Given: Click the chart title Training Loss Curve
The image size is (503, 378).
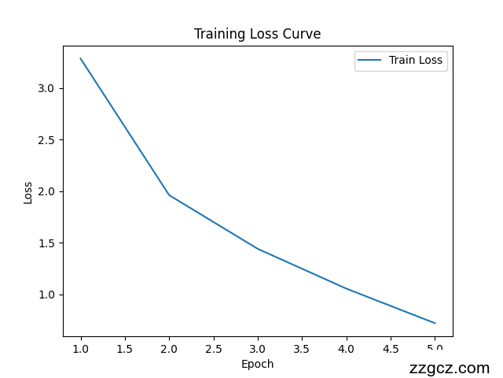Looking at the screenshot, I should click(257, 34).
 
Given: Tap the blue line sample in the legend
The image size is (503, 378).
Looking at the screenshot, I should click(370, 60).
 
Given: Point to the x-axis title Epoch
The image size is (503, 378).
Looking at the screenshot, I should click(257, 364).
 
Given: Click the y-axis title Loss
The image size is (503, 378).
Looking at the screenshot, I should click(28, 192).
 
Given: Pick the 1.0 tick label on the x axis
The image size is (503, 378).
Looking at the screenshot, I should click(80, 348).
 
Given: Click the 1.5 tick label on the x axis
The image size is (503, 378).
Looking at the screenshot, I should click(124, 348).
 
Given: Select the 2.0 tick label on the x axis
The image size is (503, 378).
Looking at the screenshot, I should click(169, 348).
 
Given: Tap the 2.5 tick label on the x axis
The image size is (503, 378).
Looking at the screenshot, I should click(213, 348).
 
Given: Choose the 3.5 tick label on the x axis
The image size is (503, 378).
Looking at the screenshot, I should click(302, 348).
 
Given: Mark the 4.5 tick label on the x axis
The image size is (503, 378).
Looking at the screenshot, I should click(391, 348).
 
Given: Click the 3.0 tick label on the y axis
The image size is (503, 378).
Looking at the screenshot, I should click(46, 88).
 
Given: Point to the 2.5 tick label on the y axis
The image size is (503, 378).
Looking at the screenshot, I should click(46, 140).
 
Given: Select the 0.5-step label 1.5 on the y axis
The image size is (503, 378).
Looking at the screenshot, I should click(46, 243).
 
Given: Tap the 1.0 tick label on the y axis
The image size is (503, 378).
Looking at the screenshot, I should click(46, 295).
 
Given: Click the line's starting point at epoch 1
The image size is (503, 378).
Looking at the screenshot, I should click(80, 58).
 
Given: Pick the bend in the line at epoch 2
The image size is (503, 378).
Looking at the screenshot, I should click(169, 195).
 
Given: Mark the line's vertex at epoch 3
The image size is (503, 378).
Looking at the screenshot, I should click(258, 249).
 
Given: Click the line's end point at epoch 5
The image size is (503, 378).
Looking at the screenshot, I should click(435, 323).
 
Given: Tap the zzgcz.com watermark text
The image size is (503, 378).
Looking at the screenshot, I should click(450, 368).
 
